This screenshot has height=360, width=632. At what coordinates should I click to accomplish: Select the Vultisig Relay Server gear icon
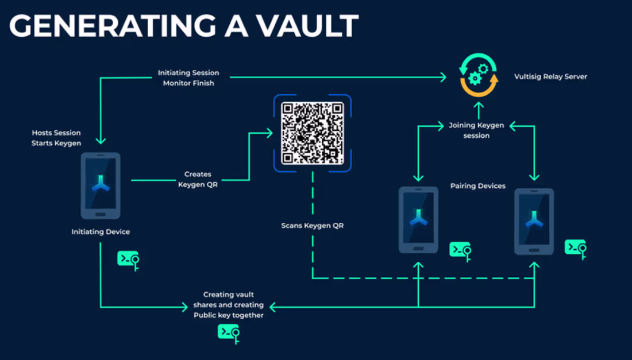tap(478, 75)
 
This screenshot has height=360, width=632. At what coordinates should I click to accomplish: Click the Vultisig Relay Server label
tap(550, 76)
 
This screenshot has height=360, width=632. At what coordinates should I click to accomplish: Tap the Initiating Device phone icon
tap(101, 185)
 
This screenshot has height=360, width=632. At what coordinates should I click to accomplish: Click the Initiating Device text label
tap(101, 232)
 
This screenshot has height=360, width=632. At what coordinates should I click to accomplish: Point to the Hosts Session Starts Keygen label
tap(56, 138)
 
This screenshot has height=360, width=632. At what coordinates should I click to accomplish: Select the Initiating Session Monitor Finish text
tap(188, 78)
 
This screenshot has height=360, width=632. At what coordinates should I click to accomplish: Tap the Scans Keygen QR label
tap(312, 226)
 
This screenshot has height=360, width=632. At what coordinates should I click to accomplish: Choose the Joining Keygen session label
tap(476, 130)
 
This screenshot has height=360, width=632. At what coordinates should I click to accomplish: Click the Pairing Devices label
tap(478, 186)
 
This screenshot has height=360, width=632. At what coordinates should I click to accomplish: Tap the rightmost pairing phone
tap(534, 221)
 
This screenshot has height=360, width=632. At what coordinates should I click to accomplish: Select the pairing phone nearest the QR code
tap(418, 219)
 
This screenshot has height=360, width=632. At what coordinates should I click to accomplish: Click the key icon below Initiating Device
tap(129, 260)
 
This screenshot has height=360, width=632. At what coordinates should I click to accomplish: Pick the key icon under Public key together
tap(229, 333)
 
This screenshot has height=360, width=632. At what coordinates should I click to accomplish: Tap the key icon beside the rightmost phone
tap(576, 249)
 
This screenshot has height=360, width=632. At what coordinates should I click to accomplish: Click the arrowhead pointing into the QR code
tap(269, 133)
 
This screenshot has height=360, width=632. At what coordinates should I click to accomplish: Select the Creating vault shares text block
tap(229, 305)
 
